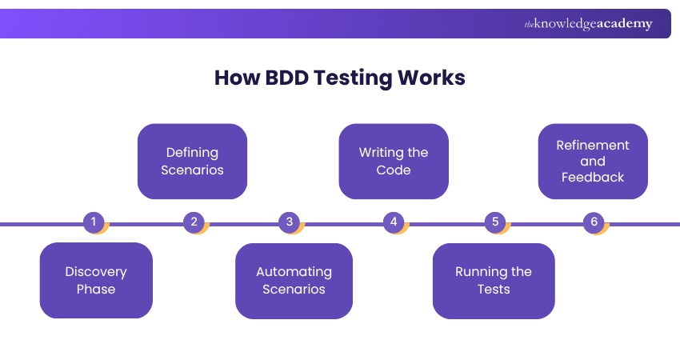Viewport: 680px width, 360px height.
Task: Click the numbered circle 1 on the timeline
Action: pyautogui.click(x=94, y=222)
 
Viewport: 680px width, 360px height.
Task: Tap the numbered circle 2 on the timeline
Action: pyautogui.click(x=194, y=222)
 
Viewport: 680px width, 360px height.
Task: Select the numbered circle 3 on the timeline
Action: pyautogui.click(x=290, y=222)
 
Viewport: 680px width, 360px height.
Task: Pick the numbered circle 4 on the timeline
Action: pyautogui.click(x=393, y=222)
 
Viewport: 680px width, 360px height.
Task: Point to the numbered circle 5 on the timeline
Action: pyautogui.click(x=494, y=222)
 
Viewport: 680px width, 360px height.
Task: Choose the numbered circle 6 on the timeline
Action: pyautogui.click(x=594, y=222)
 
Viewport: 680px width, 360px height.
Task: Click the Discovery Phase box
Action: pyautogui.click(x=96, y=280)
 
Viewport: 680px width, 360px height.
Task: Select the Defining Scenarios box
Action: pyautogui.click(x=192, y=161)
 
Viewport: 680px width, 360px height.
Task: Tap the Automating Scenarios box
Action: pyautogui.click(x=294, y=280)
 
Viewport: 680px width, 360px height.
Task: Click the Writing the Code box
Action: pyautogui.click(x=393, y=161)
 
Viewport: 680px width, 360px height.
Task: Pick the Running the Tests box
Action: pyautogui.click(x=494, y=280)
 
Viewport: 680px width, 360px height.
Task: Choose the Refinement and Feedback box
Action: pyautogui.click(x=593, y=161)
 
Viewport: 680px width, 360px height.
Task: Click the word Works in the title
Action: pyautogui.click(x=431, y=78)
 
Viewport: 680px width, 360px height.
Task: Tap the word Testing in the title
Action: pyautogui.click(x=352, y=78)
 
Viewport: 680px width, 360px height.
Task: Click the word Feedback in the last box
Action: pyautogui.click(x=593, y=178)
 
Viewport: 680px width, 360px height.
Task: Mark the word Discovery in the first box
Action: pyautogui.click(x=96, y=271)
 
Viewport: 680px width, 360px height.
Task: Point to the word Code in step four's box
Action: pyautogui.click(x=393, y=170)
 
